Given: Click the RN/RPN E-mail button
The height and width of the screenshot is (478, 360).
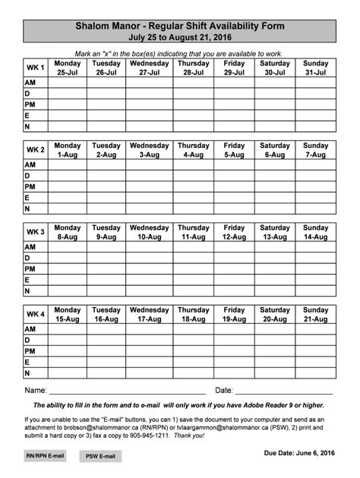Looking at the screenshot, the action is point(45,456).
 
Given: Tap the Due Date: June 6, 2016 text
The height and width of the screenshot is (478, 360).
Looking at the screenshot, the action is point(299,453).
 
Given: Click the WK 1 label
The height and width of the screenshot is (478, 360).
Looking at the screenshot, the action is point(36,68).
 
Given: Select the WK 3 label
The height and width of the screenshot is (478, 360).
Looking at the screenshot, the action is point(36,232).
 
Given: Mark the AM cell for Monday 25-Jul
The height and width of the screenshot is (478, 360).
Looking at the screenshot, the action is point(68,83).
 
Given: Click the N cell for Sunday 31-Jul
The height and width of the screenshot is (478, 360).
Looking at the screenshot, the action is point(315,126).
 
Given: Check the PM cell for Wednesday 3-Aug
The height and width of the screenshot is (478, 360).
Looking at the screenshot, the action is point(149,187).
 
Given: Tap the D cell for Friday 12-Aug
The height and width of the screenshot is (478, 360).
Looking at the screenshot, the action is point(234,258).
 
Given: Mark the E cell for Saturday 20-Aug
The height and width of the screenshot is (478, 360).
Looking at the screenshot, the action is point(274,363).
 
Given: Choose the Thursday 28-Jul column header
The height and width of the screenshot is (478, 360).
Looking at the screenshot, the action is point(194,68).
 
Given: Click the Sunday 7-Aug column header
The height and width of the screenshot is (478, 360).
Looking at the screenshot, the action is point(315,150).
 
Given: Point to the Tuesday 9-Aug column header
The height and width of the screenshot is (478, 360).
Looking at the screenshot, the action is point(106,232).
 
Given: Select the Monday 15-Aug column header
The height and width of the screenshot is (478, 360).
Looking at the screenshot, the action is point(68,315).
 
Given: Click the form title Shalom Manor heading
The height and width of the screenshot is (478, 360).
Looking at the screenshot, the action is point(180,26).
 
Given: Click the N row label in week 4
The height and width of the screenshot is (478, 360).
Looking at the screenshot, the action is point(28,373).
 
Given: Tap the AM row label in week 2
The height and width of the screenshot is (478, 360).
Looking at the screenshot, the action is point(30,165).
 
